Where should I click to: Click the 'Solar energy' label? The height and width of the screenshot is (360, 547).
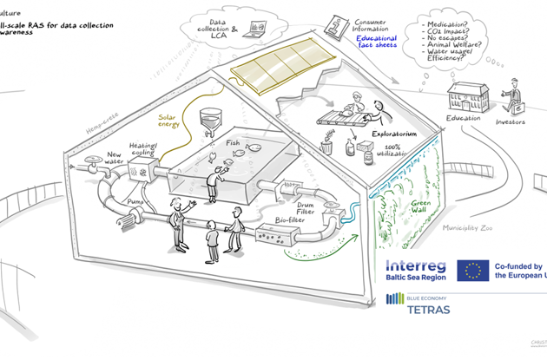coord(169,120)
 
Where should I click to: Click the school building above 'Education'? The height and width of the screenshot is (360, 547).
coord(464,97)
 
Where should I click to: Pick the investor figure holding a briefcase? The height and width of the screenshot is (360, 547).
coord(515,94)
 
